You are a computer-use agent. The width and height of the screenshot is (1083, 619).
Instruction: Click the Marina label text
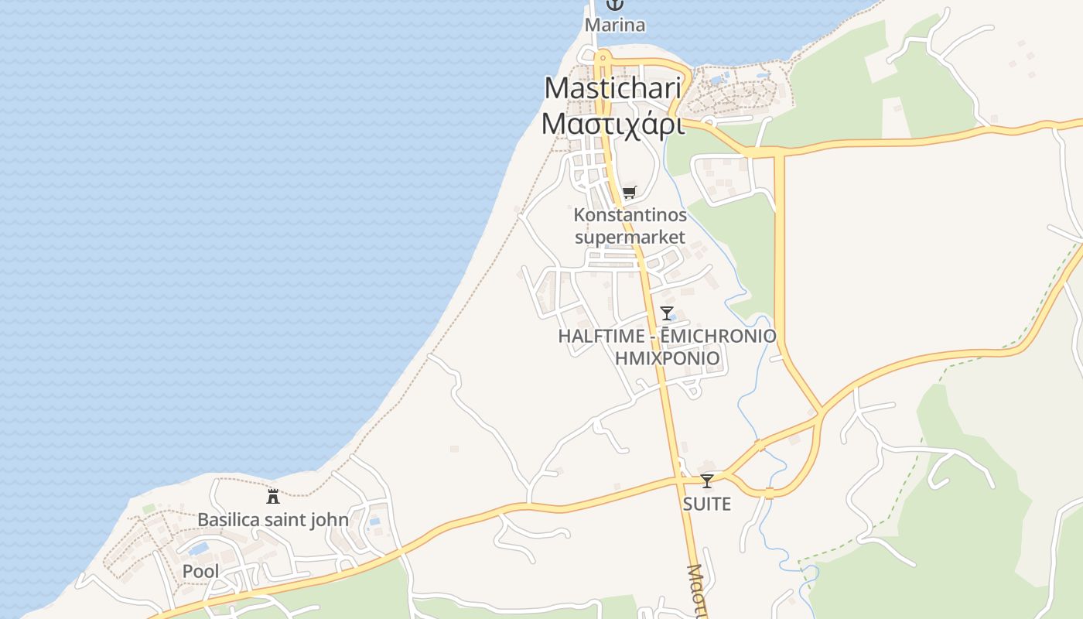[614, 25]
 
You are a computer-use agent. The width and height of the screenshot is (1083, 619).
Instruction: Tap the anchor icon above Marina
[614, 5]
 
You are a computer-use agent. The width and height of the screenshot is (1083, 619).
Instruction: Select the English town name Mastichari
[613, 87]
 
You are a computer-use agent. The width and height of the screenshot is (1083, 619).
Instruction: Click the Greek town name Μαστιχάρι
[613, 124]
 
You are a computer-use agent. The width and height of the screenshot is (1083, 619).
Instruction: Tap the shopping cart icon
[629, 193]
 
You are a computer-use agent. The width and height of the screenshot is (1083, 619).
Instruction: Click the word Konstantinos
[630, 214]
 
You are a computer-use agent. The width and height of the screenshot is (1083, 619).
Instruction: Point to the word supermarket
[630, 237]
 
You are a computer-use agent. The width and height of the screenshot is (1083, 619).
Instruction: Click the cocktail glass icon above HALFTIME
[667, 313]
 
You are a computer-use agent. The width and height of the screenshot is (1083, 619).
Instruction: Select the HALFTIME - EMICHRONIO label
[667, 336]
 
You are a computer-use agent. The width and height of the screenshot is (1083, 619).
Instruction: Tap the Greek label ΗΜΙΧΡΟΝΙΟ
[667, 358]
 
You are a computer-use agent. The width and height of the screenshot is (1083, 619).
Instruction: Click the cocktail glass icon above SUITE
[706, 481]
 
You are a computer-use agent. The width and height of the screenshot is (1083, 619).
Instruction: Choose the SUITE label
[706, 504]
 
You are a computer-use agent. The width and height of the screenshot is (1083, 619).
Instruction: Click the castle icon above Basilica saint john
[272, 496]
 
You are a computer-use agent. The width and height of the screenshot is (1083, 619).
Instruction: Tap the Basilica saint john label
[272, 519]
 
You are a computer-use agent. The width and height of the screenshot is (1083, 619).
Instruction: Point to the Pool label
[200, 572]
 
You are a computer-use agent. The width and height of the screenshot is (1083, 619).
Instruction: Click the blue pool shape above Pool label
[199, 549]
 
